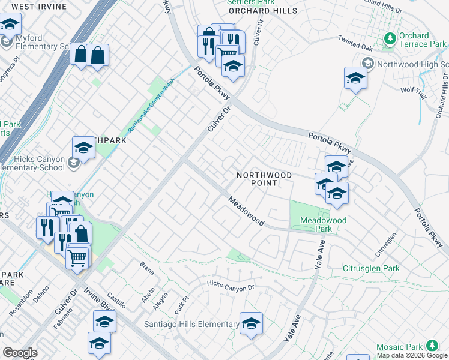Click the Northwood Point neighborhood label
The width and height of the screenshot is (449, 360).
pyautogui.click(x=264, y=179)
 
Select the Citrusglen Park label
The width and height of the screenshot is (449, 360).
pyautogui.click(x=370, y=268)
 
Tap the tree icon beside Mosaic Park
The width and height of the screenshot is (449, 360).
pyautogui.click(x=432, y=346)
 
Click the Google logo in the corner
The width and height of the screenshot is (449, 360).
pyautogui.click(x=20, y=353)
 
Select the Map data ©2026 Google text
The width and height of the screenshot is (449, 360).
pyautogui.click(x=412, y=355)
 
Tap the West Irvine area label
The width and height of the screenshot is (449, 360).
pyautogui.click(x=38, y=6)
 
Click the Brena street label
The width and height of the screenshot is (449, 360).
pyautogui.click(x=147, y=268)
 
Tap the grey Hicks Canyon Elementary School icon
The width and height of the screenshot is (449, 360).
pyautogui.click(x=73, y=163)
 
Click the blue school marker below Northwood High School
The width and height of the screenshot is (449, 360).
pyautogui.click(x=355, y=78)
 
